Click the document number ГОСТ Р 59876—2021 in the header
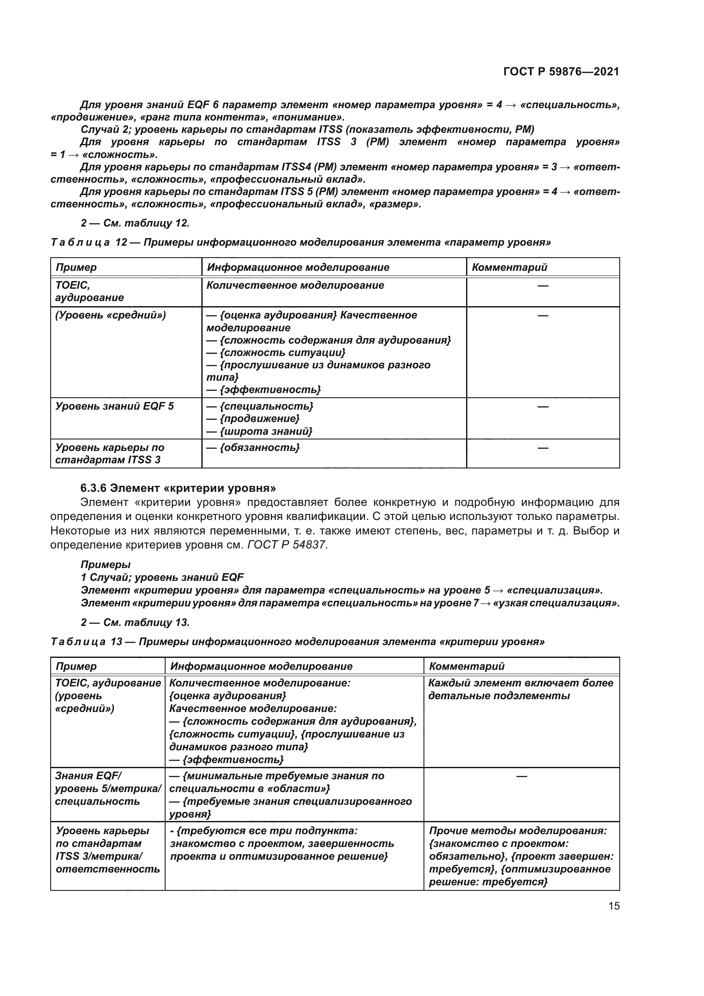click(561, 72)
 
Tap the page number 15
click(614, 906)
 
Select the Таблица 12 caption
click(300, 242)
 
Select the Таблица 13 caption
click(298, 642)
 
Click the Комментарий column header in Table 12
click(509, 267)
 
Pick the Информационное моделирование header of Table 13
click(261, 666)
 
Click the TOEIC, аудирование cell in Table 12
click(89, 291)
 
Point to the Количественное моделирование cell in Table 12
click(295, 285)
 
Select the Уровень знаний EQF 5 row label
click(114, 406)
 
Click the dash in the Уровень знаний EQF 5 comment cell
click(543, 407)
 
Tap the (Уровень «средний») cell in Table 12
click(111, 315)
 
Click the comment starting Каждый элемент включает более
click(521, 689)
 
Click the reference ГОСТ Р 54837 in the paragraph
click(287, 545)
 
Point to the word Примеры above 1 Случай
click(105, 564)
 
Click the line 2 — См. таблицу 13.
click(135, 623)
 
